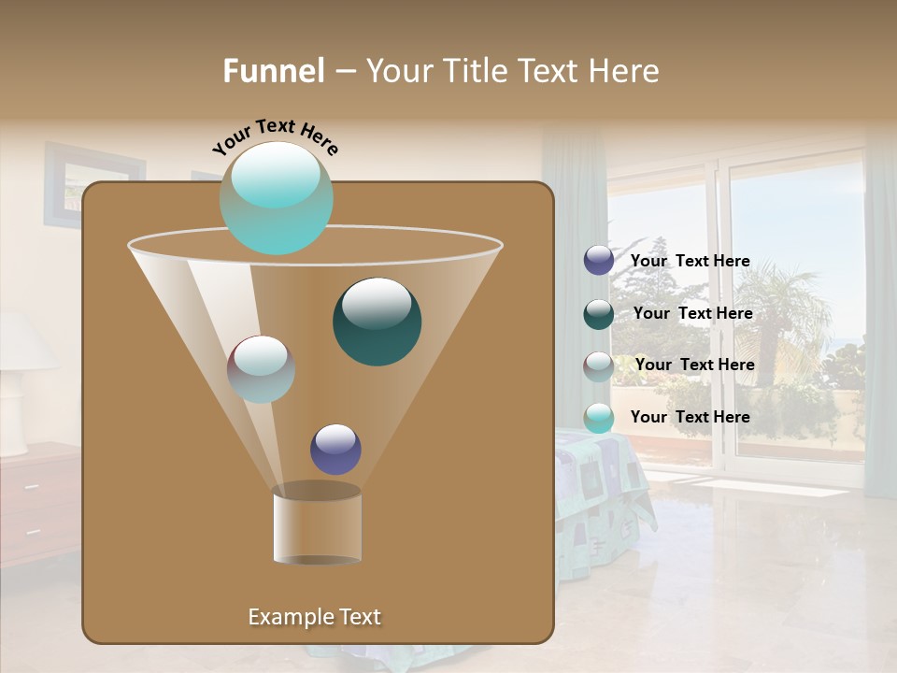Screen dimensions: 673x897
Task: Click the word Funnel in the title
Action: click(274, 71)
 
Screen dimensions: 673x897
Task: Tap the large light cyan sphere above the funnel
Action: click(276, 198)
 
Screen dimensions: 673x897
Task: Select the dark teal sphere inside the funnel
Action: click(377, 321)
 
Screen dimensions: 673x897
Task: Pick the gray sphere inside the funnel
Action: click(261, 368)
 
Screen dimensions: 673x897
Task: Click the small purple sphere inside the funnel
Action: click(335, 449)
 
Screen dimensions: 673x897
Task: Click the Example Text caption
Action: click(314, 617)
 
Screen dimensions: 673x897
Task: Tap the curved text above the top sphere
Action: click(276, 136)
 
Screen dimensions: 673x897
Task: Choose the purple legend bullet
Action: click(599, 261)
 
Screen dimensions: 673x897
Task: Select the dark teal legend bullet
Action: click(599, 314)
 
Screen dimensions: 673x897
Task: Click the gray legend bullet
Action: click(599, 366)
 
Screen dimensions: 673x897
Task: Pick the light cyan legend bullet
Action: click(599, 418)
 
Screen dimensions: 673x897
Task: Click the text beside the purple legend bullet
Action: click(690, 262)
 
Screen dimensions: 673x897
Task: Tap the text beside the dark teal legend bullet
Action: click(692, 314)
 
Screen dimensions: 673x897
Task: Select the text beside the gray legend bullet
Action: click(694, 365)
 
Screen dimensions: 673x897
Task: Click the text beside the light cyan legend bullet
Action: click(690, 417)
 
